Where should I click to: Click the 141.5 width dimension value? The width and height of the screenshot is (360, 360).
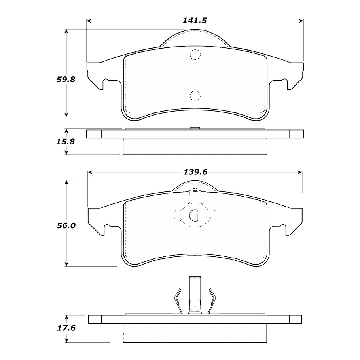pos(195,21)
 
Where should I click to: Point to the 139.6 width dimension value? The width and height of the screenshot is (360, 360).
pos(195,172)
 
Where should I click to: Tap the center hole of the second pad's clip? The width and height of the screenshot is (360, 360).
pos(195,215)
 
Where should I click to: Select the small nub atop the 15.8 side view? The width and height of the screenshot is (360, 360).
pos(194,128)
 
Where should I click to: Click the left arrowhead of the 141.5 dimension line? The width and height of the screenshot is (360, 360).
pos(89,21)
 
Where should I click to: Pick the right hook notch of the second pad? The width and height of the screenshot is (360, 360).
pos(283,228)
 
